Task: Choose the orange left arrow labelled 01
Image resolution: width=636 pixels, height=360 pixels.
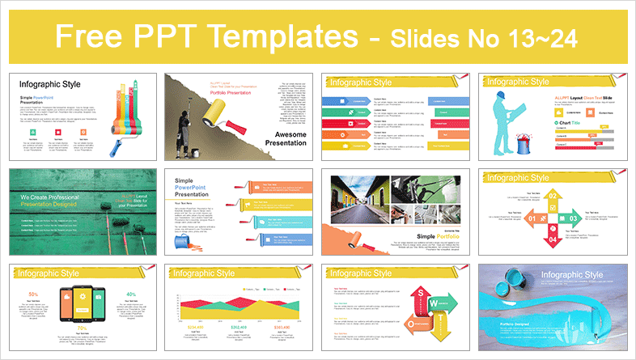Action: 535,218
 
